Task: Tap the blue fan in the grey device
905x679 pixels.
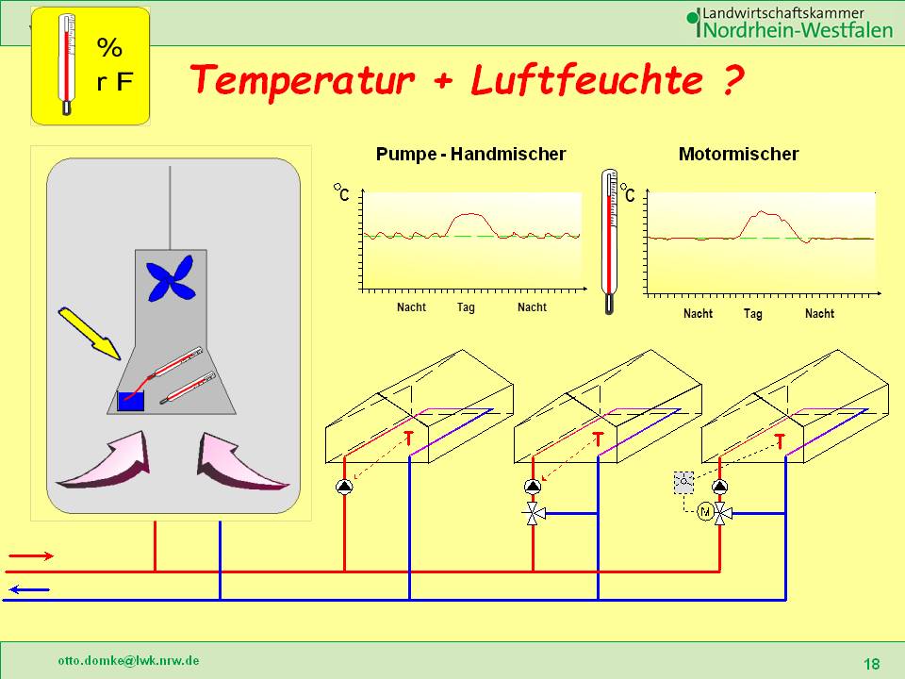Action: coord(170,278)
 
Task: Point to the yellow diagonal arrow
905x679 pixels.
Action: coord(90,333)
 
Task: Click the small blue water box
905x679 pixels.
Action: coord(130,401)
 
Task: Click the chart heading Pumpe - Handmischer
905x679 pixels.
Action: coord(470,154)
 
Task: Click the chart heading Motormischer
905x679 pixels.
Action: coord(738,154)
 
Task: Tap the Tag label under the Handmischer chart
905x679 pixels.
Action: coord(467,307)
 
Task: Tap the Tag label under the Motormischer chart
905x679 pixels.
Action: coord(752,313)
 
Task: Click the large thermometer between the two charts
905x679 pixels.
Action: coord(610,240)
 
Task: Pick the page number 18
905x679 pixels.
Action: coord(871,664)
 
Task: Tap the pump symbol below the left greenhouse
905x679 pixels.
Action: coord(344,488)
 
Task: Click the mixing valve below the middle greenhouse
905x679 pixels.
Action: coord(533,514)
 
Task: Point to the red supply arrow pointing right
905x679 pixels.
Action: coord(30,556)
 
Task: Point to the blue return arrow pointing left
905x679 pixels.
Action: coord(30,590)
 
